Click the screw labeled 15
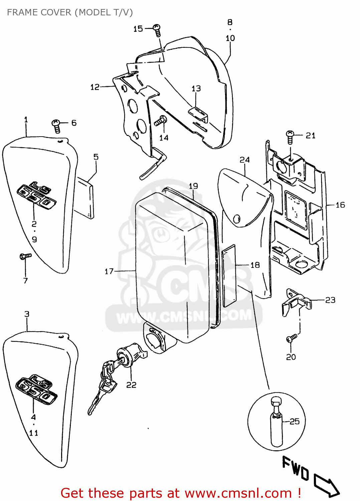(x=157, y=30)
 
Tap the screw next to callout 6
(x=56, y=126)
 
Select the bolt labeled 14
(x=161, y=121)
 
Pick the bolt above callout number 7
(x=25, y=256)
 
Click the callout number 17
(x=109, y=271)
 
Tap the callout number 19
(x=193, y=186)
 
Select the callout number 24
(x=244, y=160)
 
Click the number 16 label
(x=340, y=205)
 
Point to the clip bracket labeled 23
(x=296, y=301)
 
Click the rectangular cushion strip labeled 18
(x=229, y=276)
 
